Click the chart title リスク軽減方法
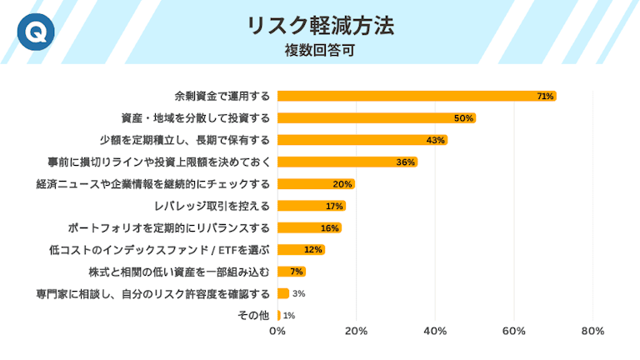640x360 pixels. pos(320,25)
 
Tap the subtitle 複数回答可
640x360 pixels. pos(320,50)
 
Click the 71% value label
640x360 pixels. pos(545,97)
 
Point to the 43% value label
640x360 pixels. pos(436,140)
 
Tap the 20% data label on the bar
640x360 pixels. pos(342,184)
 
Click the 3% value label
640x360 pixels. pos(298,293)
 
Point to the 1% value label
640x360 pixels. pos(289,316)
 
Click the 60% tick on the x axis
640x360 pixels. pos(514,332)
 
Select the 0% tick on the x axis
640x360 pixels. pos(277,332)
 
